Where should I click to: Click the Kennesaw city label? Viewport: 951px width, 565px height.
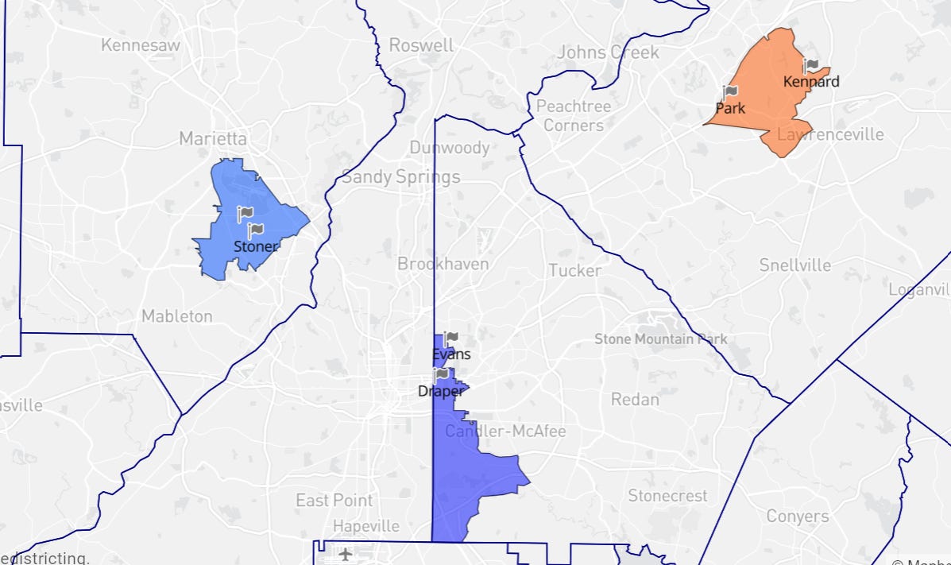pyautogui.click(x=141, y=45)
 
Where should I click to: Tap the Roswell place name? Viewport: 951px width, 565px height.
pyautogui.click(x=421, y=45)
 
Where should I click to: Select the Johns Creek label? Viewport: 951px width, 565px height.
pyautogui.click(x=609, y=52)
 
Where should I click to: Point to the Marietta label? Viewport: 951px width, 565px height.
pyautogui.click(x=213, y=138)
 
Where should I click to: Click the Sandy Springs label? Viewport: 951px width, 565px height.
pyautogui.click(x=401, y=176)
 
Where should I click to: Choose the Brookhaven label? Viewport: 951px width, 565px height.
pyautogui.click(x=443, y=263)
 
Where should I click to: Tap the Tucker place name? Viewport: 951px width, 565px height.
pyautogui.click(x=574, y=270)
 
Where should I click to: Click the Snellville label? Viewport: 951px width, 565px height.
pyautogui.click(x=794, y=265)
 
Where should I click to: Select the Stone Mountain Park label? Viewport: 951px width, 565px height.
pyautogui.click(x=660, y=339)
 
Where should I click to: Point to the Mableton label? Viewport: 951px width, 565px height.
pyautogui.click(x=177, y=316)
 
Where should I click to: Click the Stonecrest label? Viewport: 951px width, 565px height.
pyautogui.click(x=667, y=496)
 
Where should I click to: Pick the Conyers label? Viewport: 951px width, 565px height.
pyautogui.click(x=798, y=517)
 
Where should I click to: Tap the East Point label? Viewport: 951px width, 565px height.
pyautogui.click(x=334, y=501)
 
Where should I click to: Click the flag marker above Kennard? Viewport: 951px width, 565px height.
pyautogui.click(x=811, y=66)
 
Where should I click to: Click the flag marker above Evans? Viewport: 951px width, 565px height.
pyautogui.click(x=451, y=339)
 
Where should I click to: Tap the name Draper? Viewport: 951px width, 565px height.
pyautogui.click(x=441, y=391)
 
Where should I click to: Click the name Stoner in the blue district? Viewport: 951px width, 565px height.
pyautogui.click(x=256, y=246)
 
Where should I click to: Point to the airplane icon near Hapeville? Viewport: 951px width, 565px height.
pyautogui.click(x=346, y=553)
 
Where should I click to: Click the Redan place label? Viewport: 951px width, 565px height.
pyautogui.click(x=635, y=399)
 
